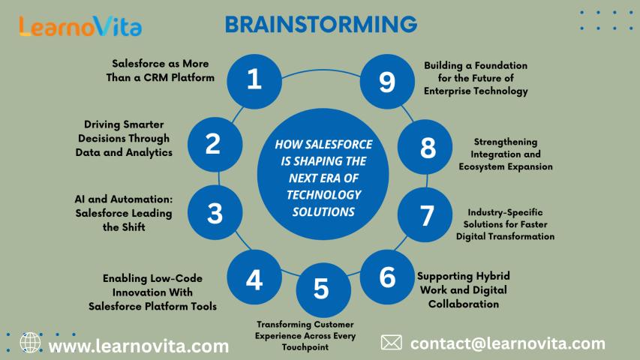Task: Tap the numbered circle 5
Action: pyautogui.click(x=321, y=289)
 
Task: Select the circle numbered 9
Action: pyautogui.click(x=386, y=80)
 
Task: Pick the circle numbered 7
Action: pyautogui.click(x=426, y=216)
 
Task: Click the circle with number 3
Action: pyautogui.click(x=215, y=214)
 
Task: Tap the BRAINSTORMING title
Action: pyautogui.click(x=321, y=25)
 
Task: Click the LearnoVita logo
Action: pyautogui.click(x=80, y=27)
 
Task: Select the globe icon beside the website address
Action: pyautogui.click(x=31, y=343)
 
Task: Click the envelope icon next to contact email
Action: pyautogui.click(x=391, y=343)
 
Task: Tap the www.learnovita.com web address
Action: pyautogui.click(x=139, y=346)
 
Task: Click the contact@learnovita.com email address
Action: pyautogui.click(x=508, y=343)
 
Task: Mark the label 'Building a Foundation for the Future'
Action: pyautogui.click(x=476, y=78)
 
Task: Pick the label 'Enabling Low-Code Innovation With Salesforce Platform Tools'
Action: pyautogui.click(x=152, y=292)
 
